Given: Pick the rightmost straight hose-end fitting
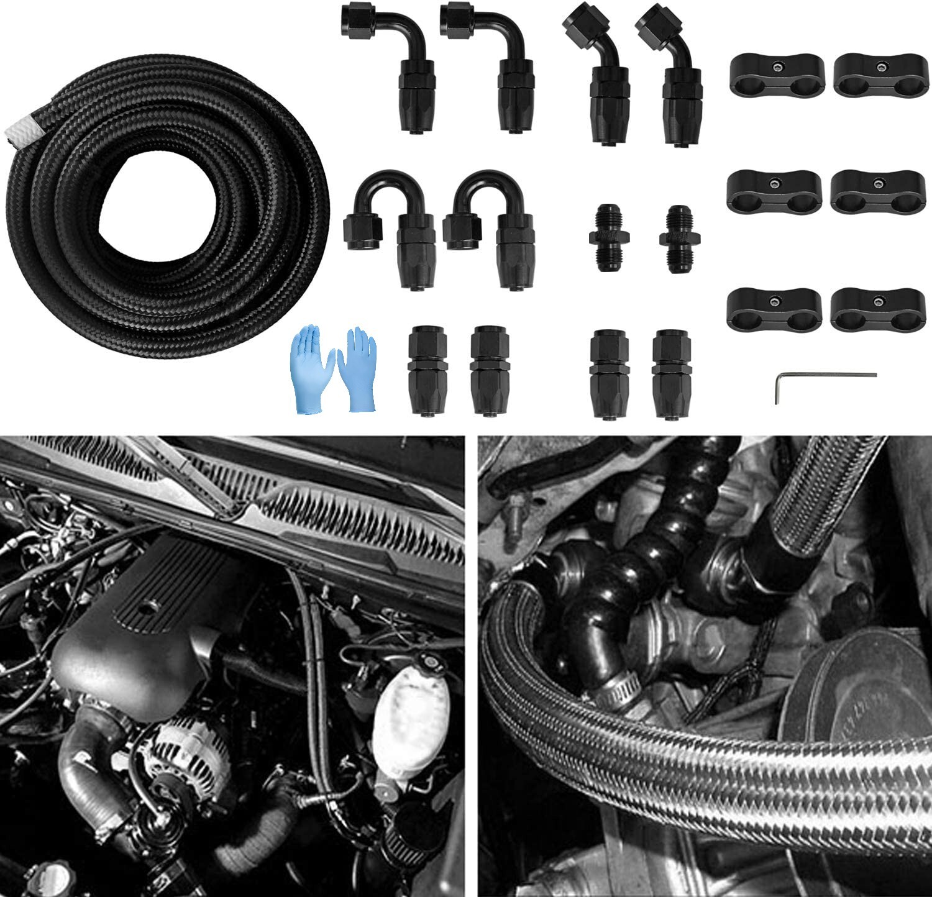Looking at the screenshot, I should coord(669,375).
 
